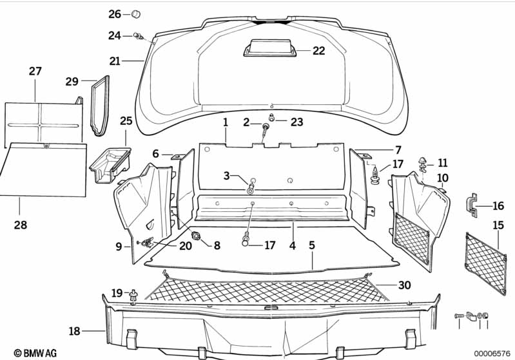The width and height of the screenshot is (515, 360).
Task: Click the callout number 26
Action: click(114, 14)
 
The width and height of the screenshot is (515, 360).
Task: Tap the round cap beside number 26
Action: click(136, 14)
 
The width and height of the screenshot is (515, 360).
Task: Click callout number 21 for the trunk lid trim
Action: click(115, 62)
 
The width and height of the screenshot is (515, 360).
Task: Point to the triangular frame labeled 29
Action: click(100, 106)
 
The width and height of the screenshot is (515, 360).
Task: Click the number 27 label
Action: click(35, 71)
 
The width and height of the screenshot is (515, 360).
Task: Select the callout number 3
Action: click(226, 175)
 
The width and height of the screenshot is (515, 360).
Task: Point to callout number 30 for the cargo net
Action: click(404, 285)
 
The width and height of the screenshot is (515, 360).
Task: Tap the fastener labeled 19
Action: click(134, 296)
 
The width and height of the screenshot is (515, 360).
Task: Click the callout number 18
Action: click(75, 331)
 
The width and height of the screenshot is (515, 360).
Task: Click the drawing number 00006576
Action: click(492, 352)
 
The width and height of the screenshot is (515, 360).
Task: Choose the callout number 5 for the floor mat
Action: click(312, 245)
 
